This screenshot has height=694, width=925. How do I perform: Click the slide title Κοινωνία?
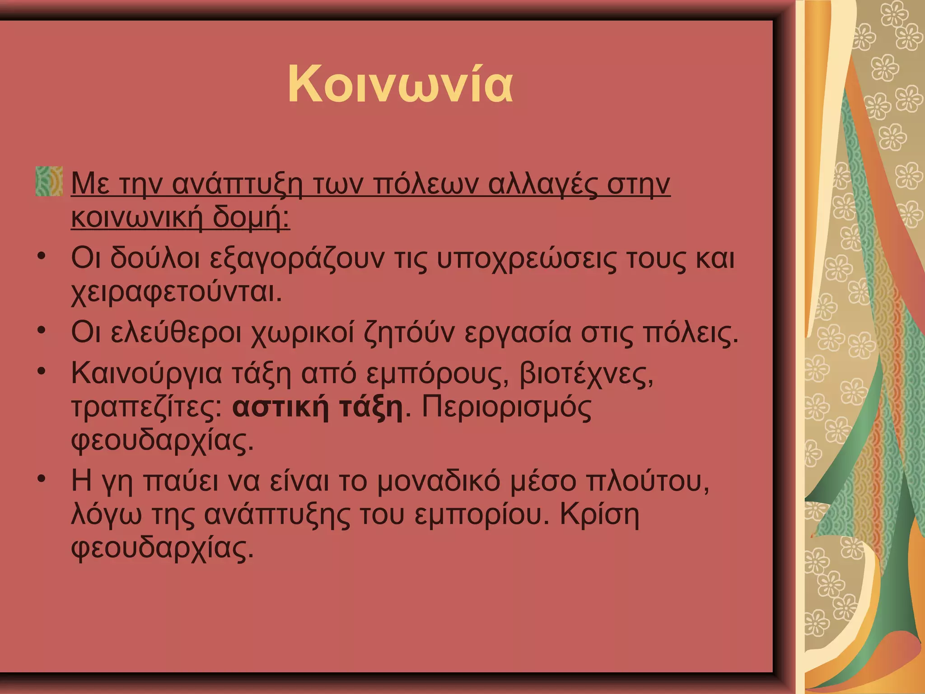click(400, 84)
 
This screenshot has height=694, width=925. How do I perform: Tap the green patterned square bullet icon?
click(49, 181)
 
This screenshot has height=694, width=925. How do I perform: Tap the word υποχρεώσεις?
click(526, 259)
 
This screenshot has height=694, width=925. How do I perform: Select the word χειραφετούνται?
click(176, 293)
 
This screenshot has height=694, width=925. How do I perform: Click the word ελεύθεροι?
click(176, 333)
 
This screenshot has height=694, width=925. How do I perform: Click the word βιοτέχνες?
click(586, 374)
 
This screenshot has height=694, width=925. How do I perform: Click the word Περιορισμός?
click(506, 408)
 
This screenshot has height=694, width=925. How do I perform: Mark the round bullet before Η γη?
click(42, 478)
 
